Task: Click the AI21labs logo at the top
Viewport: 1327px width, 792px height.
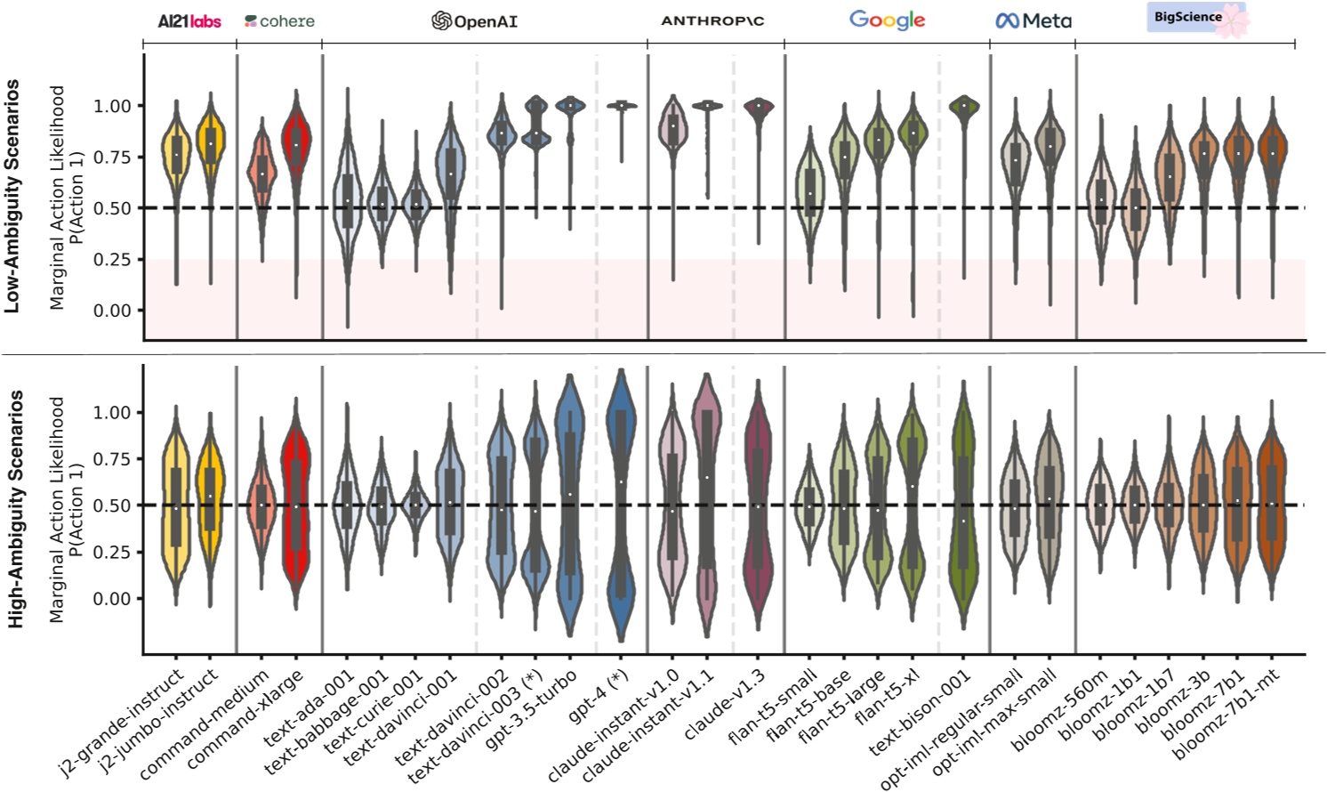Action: pyautogui.click(x=189, y=20)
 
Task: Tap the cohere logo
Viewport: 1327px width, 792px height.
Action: pyautogui.click(x=279, y=20)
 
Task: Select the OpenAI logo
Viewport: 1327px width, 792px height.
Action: pyautogui.click(x=474, y=20)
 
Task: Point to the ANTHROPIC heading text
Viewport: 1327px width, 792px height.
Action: pyautogui.click(x=712, y=20)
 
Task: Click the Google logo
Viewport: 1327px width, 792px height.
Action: pyautogui.click(x=887, y=20)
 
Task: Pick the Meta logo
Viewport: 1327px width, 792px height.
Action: pyautogui.click(x=1033, y=20)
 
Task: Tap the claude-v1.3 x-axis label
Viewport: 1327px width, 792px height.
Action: pyautogui.click(x=726, y=704)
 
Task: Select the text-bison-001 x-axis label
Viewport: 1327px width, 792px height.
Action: pyautogui.click(x=921, y=711)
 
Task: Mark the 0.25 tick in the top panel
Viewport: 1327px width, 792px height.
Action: pyautogui.click(x=112, y=260)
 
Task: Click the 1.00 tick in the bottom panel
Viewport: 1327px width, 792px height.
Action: pyautogui.click(x=112, y=413)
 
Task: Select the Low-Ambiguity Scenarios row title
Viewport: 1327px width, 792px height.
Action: pyautogui.click(x=12, y=196)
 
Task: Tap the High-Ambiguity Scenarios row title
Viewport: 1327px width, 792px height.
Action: pyautogui.click(x=15, y=508)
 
